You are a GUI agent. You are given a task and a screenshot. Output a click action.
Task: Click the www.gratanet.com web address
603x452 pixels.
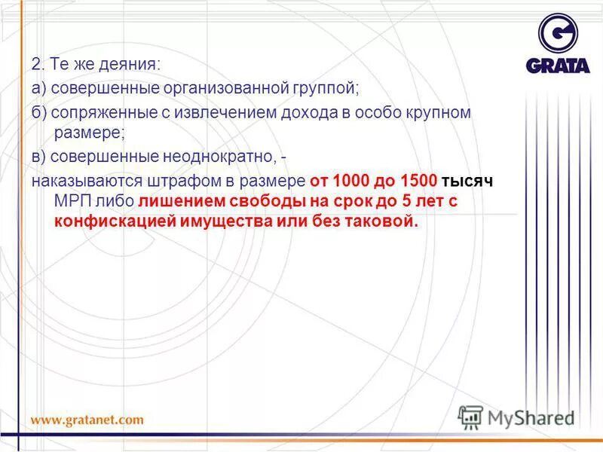(x=87, y=420)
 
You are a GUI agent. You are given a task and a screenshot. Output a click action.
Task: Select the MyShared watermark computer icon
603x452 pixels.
(x=471, y=417)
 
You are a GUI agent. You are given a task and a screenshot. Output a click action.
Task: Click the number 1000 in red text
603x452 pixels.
(x=349, y=182)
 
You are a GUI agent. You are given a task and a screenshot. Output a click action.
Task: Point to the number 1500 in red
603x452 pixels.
(x=418, y=182)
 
